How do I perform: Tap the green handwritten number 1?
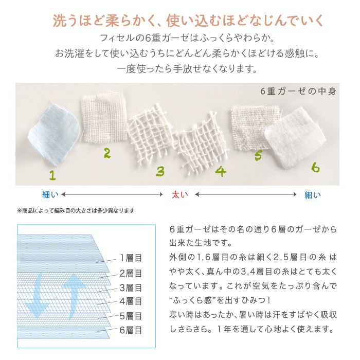click(x=53, y=175)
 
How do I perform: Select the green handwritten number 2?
click(x=107, y=153)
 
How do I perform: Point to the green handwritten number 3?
click(x=160, y=171)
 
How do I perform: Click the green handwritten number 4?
click(x=221, y=171)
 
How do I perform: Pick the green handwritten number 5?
click(x=258, y=155)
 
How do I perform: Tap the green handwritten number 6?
click(x=315, y=167)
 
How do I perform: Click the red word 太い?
click(x=180, y=195)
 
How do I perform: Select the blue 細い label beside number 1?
click(x=50, y=195)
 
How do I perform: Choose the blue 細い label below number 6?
click(x=313, y=195)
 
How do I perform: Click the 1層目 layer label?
click(x=131, y=258)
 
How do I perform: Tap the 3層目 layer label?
click(x=131, y=288)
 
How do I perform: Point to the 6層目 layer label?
click(x=131, y=330)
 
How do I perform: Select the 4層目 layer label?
click(x=131, y=301)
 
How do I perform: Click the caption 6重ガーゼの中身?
click(x=298, y=92)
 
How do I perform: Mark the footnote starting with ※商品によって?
click(x=76, y=210)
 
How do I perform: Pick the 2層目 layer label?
click(x=131, y=274)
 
